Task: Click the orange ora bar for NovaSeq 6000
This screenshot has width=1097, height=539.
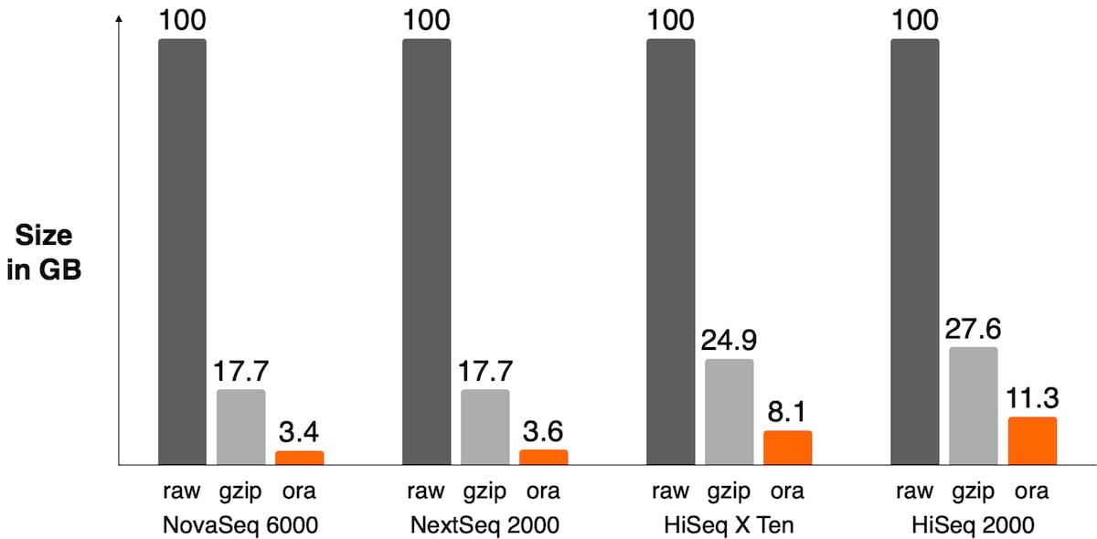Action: point(299,458)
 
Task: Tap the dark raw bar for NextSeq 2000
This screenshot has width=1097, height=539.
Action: point(426,252)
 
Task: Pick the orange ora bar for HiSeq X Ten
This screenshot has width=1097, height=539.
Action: point(787,448)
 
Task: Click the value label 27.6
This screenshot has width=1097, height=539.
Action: point(974,326)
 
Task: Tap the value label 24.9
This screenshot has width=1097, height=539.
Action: point(730,339)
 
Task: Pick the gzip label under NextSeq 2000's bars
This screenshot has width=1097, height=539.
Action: point(485,491)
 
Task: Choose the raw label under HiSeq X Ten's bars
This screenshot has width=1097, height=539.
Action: point(670,491)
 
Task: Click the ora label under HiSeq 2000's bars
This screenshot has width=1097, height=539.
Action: point(1032,491)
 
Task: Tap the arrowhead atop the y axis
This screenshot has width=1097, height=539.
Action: point(120,21)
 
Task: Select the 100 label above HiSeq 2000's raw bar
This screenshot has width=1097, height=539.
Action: point(915,19)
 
